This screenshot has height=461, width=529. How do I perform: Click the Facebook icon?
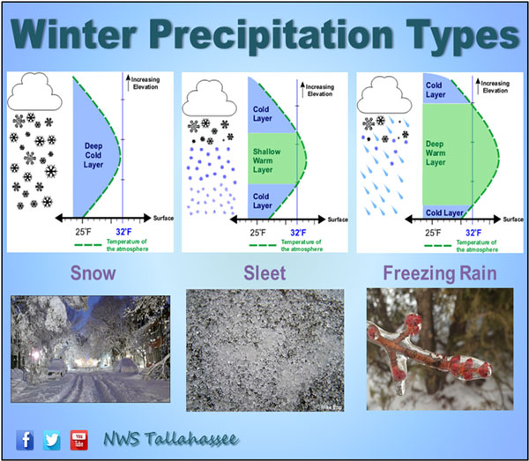click(x=25, y=440)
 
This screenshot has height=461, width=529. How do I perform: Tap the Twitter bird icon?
click(x=52, y=440)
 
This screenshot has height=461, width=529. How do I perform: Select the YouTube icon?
click(x=79, y=440)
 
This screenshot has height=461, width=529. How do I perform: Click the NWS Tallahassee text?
click(x=171, y=439)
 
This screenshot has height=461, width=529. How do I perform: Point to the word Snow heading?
click(x=93, y=273)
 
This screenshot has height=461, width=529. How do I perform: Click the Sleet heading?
click(x=264, y=273)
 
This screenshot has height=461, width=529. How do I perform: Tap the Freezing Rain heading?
click(x=440, y=273)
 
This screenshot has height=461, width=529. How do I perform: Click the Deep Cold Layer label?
click(x=93, y=155)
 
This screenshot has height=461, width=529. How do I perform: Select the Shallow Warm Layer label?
click(x=266, y=160)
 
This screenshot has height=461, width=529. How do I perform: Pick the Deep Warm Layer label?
click(x=436, y=153)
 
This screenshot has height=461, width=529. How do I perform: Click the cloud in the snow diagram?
click(x=34, y=92)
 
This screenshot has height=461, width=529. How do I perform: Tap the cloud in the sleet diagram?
click(x=210, y=98)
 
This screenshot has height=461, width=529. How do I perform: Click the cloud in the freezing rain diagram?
click(x=384, y=95)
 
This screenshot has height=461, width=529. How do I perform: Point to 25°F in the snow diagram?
click(x=83, y=232)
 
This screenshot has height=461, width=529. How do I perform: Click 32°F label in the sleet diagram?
click(x=298, y=233)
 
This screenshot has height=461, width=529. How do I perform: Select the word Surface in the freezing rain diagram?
click(x=513, y=219)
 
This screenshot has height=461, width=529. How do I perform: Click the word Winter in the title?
click(x=73, y=34)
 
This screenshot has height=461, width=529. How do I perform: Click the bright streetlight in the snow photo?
click(x=35, y=355)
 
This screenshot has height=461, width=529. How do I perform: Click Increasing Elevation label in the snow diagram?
click(x=145, y=83)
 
